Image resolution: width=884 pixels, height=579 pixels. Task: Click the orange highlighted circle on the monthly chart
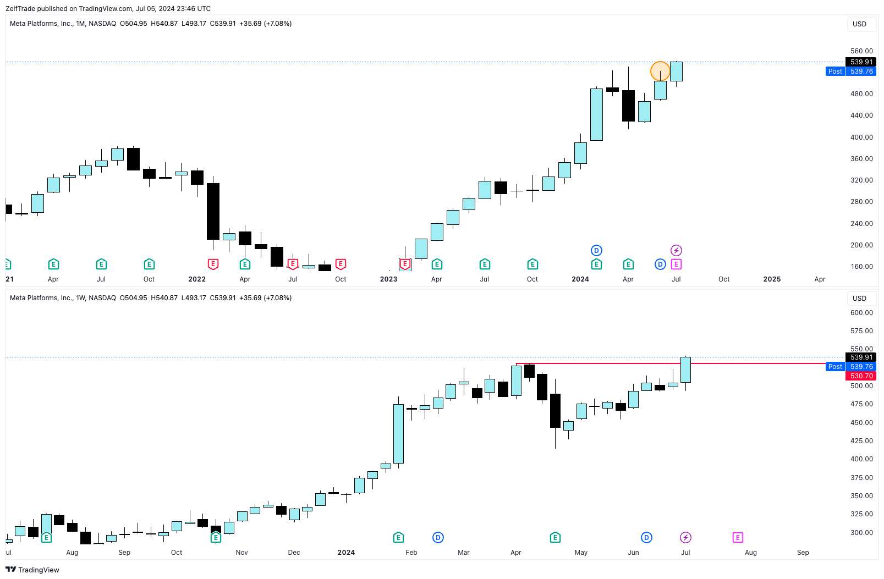[x=660, y=71]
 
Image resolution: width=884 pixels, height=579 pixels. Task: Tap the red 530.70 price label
[x=861, y=376]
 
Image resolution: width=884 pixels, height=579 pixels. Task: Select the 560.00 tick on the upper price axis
[x=861, y=51]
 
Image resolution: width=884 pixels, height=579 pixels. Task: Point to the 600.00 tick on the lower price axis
[x=861, y=313]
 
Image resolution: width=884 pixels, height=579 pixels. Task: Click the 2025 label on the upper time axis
[x=772, y=279]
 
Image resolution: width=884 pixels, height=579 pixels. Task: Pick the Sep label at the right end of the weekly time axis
[x=803, y=553]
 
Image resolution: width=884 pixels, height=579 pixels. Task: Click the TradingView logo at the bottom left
[x=32, y=570]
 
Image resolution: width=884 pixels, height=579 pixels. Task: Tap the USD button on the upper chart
[x=859, y=24]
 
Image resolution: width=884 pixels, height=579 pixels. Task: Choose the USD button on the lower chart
[x=859, y=299]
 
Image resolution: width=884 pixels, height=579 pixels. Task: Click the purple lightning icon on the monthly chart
[x=676, y=251]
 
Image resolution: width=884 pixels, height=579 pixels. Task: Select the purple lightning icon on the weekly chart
[x=685, y=537]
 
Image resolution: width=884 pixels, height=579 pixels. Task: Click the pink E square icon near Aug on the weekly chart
[x=738, y=537]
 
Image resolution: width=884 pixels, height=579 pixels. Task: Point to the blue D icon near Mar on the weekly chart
[x=438, y=537]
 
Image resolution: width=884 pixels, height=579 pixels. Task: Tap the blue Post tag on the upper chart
[x=835, y=71]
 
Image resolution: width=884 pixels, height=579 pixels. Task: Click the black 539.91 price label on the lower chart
[x=861, y=357]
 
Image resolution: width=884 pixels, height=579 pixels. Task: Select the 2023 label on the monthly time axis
[x=388, y=279]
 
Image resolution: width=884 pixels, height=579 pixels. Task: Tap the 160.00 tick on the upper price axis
[x=861, y=267]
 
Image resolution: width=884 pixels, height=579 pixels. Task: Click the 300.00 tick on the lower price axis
[x=861, y=533]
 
